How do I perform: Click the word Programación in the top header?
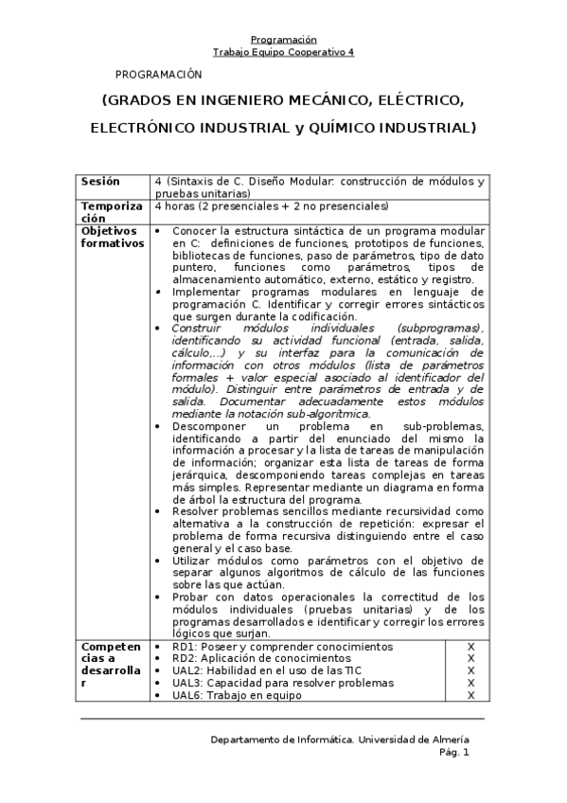[283, 40]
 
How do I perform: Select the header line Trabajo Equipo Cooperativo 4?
[283, 53]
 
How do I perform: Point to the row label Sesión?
[100, 181]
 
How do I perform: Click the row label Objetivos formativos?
[110, 236]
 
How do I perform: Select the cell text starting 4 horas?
[271, 205]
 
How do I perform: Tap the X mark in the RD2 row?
[470, 658]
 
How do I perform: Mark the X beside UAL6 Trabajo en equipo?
[470, 695]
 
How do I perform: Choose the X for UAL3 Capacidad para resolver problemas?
[470, 683]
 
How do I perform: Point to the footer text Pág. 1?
[453, 753]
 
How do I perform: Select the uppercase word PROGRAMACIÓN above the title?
[159, 74]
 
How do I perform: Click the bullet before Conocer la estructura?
[158, 231]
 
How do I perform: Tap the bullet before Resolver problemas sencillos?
[158, 511]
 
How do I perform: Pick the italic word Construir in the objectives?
[194, 328]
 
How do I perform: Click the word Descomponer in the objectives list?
[208, 426]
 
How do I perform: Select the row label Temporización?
[111, 211]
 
